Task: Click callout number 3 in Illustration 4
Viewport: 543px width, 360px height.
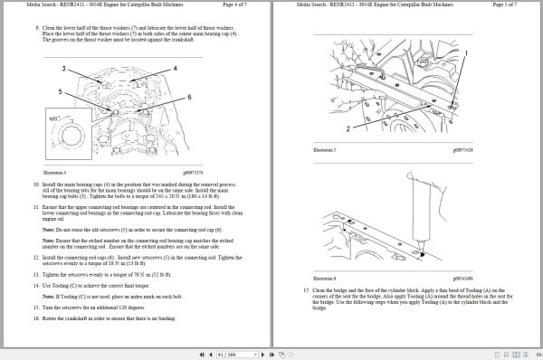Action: pos(63,68)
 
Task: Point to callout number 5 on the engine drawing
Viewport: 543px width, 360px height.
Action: pos(60,91)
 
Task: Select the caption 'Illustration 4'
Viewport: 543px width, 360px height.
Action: pos(55,170)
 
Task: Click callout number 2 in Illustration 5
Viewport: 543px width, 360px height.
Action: pos(321,128)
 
